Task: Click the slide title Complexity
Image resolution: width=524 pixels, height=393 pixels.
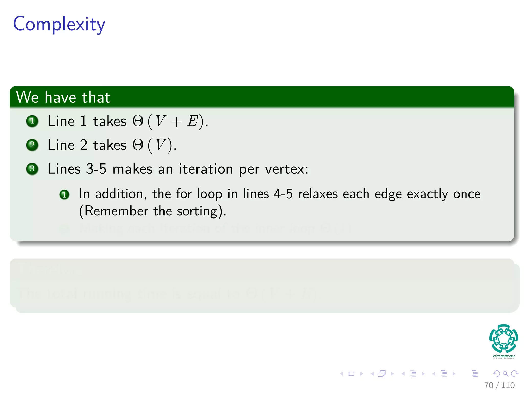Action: [x=59, y=24]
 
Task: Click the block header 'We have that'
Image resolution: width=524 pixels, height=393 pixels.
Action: [x=63, y=97]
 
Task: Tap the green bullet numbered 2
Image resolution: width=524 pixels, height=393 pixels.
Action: [x=32, y=145]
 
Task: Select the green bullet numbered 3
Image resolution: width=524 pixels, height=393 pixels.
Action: [x=32, y=169]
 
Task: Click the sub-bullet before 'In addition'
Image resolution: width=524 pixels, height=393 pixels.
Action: [x=64, y=194]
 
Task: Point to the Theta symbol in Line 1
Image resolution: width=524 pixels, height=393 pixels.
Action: [x=138, y=121]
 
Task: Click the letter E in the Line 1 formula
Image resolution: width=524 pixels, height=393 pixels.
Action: [x=193, y=121]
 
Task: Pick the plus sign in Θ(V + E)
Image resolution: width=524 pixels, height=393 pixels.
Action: [x=176, y=122]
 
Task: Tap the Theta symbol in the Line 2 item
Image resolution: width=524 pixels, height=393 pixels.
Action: [x=138, y=145]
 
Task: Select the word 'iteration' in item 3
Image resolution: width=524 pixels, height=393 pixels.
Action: [x=206, y=169]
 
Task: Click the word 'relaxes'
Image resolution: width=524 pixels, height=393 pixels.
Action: [x=318, y=194]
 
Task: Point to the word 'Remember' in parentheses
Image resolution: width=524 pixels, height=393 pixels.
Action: [x=116, y=211]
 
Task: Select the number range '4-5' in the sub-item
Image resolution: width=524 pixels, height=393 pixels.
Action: [x=283, y=194]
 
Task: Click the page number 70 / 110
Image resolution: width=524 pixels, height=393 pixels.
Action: [x=499, y=385]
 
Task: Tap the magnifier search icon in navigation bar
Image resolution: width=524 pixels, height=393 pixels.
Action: [x=505, y=374]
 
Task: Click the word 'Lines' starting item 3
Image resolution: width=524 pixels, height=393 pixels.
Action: [x=64, y=169]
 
